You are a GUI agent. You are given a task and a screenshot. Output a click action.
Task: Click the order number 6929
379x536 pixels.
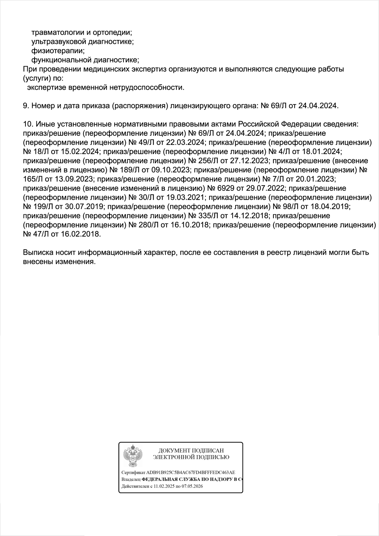226,188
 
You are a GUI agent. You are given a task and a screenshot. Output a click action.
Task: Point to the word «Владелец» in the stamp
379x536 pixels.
131,479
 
